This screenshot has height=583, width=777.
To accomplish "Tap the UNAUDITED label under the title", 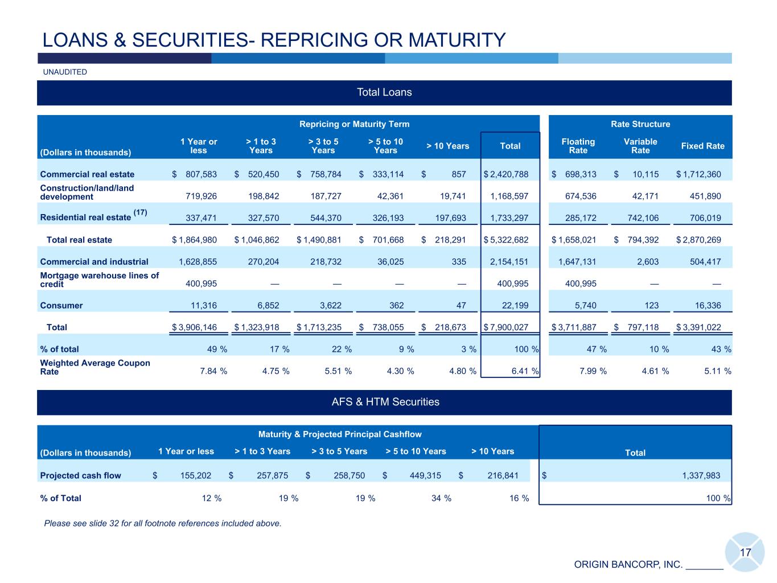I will (x=65, y=72).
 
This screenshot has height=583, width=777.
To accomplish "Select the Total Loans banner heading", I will (x=384, y=92).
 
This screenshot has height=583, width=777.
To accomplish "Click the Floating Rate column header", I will (x=578, y=146).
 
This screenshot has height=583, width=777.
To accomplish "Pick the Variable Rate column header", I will (x=640, y=146).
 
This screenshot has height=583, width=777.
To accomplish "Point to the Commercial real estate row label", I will (x=87, y=174).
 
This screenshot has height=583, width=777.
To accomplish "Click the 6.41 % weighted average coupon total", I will (x=523, y=371).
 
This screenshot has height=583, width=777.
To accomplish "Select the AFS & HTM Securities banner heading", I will (x=384, y=402).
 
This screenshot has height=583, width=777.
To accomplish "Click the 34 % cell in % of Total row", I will (x=442, y=499).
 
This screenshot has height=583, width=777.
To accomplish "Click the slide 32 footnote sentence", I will (x=163, y=523).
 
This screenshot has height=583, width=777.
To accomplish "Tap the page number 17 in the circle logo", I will (x=745, y=552).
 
